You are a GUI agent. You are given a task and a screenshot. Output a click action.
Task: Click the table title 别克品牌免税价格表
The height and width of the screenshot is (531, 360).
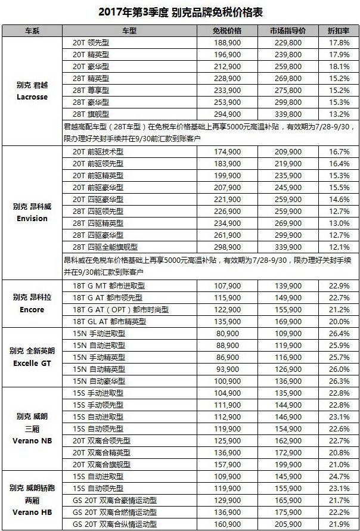point(179,11)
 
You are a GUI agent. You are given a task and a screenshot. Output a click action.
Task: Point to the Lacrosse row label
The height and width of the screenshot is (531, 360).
point(32,96)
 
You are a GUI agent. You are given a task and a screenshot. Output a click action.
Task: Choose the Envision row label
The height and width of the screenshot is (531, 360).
point(32,218)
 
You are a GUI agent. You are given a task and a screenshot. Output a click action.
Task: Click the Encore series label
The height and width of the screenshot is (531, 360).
point(32,309)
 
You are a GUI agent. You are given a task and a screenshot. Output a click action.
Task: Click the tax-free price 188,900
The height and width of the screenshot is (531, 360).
point(226,43)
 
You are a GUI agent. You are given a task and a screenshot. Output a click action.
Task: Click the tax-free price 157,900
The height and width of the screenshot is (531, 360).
point(226,464)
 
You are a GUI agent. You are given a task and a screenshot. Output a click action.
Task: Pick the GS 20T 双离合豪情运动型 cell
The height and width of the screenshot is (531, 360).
point(114,500)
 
